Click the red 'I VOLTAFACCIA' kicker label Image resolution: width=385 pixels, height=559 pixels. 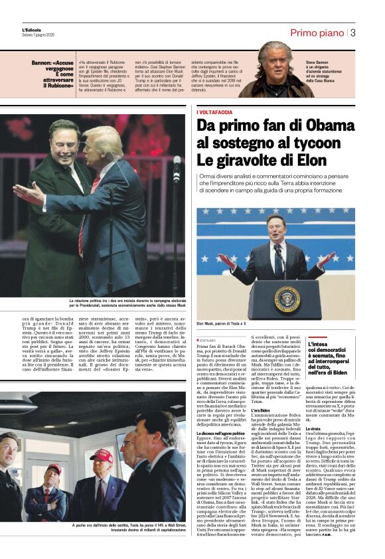(214, 112)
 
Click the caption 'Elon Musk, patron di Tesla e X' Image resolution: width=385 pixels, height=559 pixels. (222, 324)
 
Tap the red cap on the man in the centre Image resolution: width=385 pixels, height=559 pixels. (102, 455)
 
